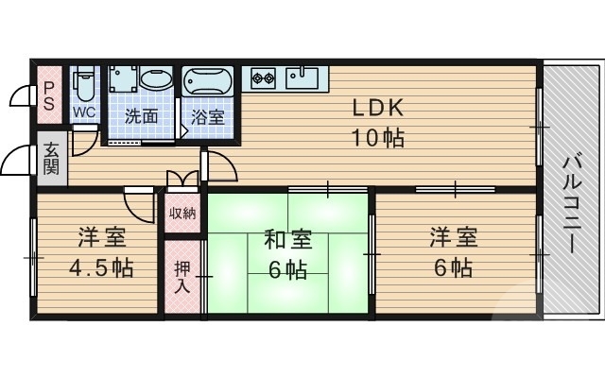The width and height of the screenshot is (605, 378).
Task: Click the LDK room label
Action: pos(379,107)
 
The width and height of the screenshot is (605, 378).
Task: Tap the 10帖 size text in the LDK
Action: pos(379,138)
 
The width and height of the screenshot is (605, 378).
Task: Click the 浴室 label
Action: pos(207,118)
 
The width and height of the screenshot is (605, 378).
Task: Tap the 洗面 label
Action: pos(141,118)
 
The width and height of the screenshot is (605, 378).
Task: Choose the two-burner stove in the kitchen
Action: pos(262,77)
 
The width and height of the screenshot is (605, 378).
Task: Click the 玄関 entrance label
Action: pos(50,159)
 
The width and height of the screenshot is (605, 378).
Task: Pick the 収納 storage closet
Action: pos(182,213)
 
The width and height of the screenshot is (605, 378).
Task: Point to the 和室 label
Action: pos(286,238)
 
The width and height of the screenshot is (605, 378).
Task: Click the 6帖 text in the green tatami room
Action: pos(286,269)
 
